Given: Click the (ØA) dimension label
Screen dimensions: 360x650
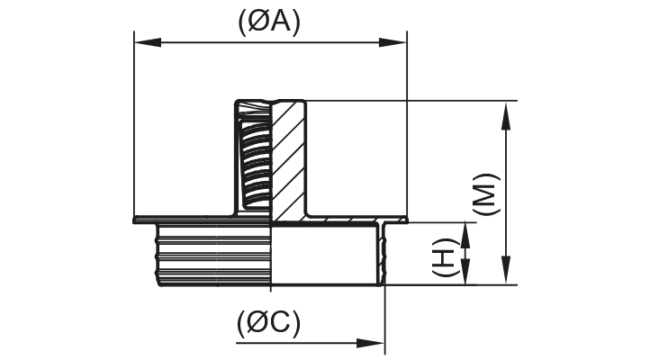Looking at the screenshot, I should pos(269,22).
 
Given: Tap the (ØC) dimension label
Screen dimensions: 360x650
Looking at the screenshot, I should pos(269,323).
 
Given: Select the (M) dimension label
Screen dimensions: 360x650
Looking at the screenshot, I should pos(485,192).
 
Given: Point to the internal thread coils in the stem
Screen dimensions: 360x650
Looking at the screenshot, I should pos(255,162).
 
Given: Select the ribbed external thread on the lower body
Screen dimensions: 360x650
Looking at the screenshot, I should pos(214,254).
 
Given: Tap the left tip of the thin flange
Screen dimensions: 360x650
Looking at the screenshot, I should pos(136,219).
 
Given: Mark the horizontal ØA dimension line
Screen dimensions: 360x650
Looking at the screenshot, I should pos(269,40).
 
